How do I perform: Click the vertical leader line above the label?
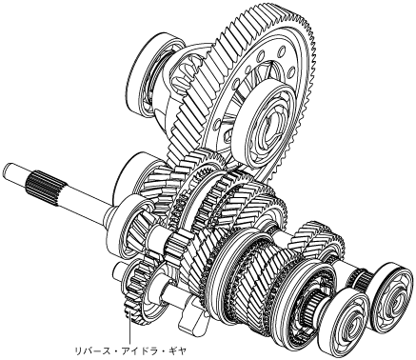pos(129,330)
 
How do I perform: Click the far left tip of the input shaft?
pos(4,170)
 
